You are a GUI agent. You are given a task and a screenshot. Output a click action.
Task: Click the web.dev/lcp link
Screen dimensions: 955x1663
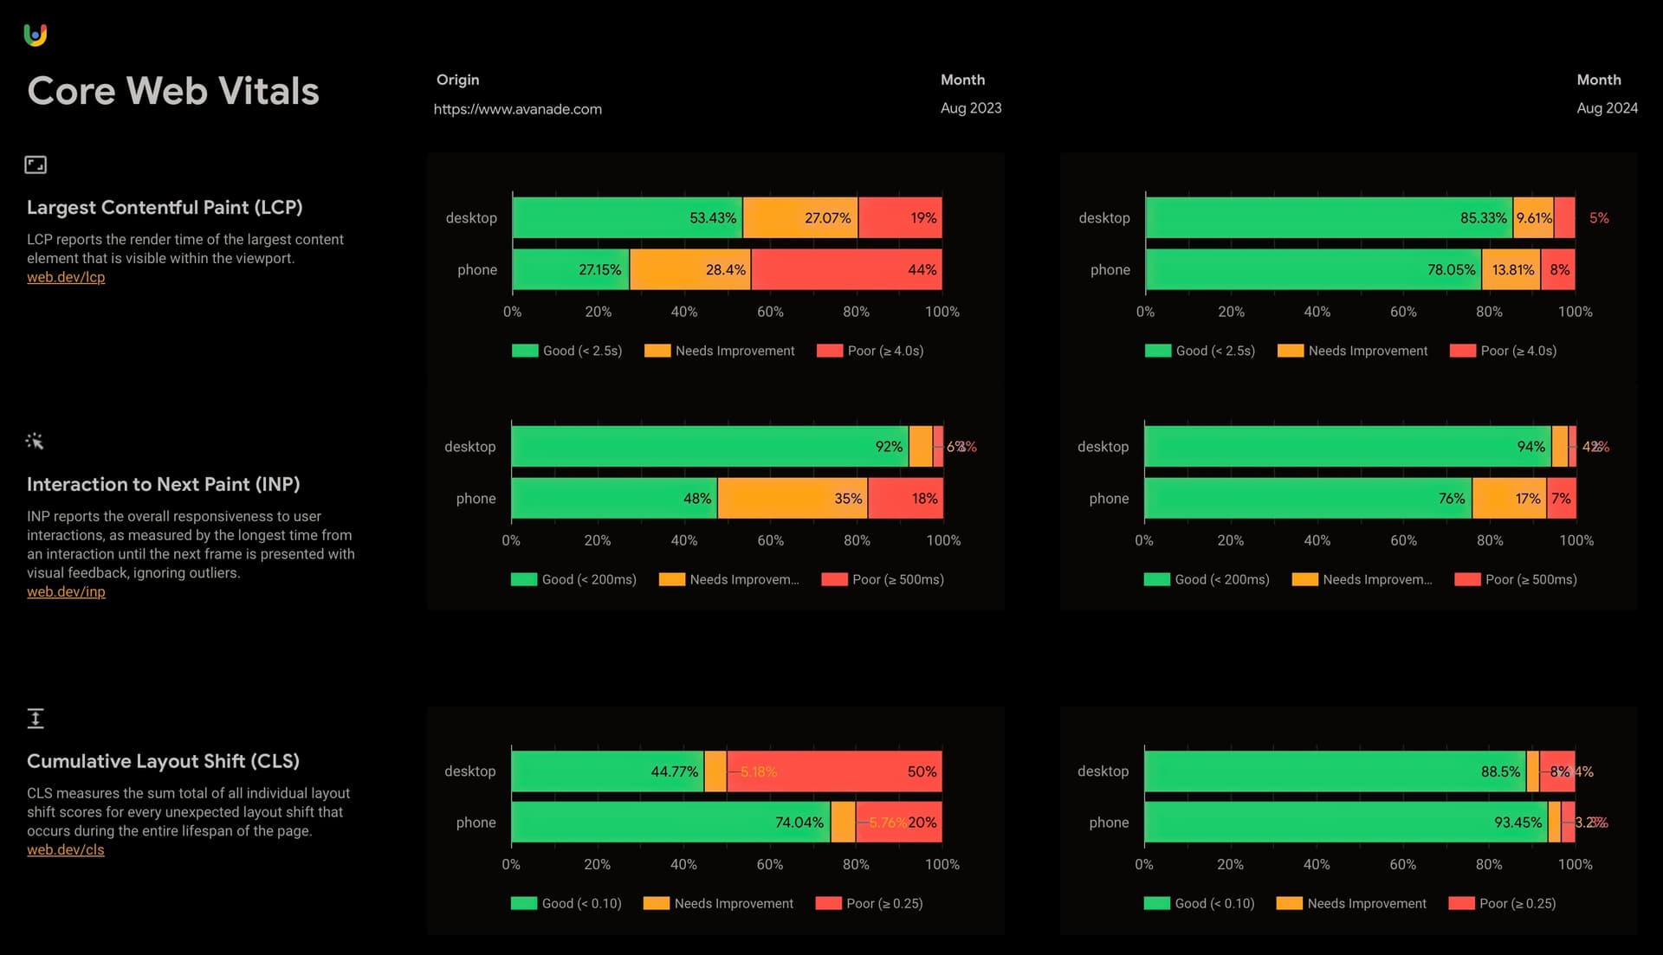click(x=66, y=277)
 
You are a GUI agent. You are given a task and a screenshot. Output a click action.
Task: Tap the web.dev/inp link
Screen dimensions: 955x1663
click(x=66, y=591)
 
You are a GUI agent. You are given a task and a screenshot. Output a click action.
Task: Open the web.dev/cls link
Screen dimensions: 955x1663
click(x=65, y=849)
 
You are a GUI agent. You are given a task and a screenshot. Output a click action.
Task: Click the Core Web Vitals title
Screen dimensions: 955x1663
click(x=173, y=91)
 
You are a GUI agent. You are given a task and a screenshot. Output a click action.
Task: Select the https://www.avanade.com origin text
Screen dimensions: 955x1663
click(x=517, y=109)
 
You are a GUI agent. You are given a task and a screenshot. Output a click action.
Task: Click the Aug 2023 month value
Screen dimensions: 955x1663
click(x=971, y=108)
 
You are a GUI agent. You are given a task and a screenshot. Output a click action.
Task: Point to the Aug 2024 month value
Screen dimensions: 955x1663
click(x=1607, y=108)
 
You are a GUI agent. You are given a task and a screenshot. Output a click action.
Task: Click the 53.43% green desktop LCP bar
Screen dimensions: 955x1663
click(x=627, y=218)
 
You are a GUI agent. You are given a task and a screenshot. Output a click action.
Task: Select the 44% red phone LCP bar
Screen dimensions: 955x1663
click(x=846, y=270)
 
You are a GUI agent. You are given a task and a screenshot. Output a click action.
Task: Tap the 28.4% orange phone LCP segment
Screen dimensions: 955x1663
click(x=689, y=270)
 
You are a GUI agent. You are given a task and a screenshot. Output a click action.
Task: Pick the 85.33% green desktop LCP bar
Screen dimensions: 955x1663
click(x=1328, y=218)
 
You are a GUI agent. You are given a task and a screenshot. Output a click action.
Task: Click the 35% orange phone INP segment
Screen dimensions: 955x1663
click(x=792, y=499)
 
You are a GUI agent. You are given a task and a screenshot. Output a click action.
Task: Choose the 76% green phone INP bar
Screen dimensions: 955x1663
click(x=1307, y=499)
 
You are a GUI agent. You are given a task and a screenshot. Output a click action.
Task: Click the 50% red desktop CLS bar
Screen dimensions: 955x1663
click(x=834, y=771)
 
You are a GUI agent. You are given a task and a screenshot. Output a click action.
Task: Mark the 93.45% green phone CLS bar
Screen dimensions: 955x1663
click(x=1345, y=823)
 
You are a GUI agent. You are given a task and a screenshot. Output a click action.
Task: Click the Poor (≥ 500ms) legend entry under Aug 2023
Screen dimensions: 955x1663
click(x=883, y=579)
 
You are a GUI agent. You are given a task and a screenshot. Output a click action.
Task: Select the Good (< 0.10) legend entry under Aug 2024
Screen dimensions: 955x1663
click(x=1200, y=903)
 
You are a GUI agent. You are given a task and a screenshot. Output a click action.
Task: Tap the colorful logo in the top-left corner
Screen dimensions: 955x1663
click(x=36, y=35)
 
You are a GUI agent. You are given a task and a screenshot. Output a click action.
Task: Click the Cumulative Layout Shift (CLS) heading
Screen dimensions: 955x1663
click(x=163, y=761)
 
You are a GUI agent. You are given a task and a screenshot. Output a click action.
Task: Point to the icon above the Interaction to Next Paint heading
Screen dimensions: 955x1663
click(x=35, y=442)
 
